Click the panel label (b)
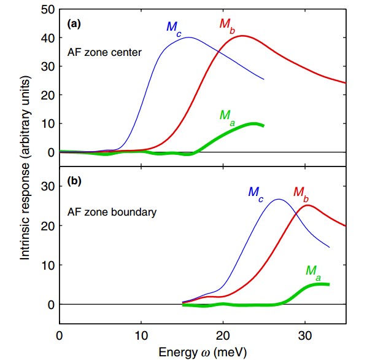click(x=75, y=182)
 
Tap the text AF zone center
click(x=105, y=53)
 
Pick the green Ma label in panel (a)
click(x=228, y=114)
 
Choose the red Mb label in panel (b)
click(x=301, y=192)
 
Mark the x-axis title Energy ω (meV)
click(x=203, y=352)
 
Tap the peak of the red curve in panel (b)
click(x=307, y=205)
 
